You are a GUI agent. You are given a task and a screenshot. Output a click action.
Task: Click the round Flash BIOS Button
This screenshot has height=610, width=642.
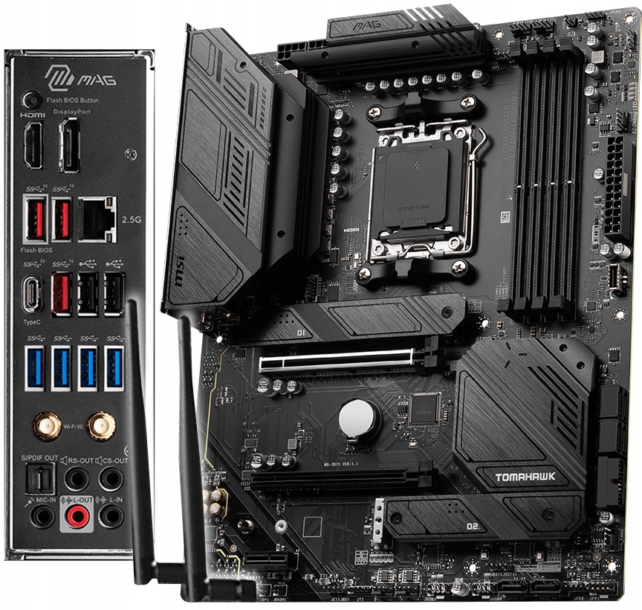[30, 100]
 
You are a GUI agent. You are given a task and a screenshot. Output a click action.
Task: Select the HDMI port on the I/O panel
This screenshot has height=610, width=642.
[33, 145]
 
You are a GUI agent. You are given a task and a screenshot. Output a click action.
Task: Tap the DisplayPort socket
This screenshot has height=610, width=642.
[69, 145]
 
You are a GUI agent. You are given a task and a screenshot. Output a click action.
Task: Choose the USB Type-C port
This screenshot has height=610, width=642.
[33, 293]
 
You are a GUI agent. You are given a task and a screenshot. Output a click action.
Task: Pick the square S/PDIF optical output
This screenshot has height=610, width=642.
[39, 479]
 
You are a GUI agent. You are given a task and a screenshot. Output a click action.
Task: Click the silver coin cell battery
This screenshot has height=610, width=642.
[359, 418]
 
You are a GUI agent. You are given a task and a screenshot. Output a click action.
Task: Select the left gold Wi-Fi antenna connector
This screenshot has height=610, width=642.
[47, 426]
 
